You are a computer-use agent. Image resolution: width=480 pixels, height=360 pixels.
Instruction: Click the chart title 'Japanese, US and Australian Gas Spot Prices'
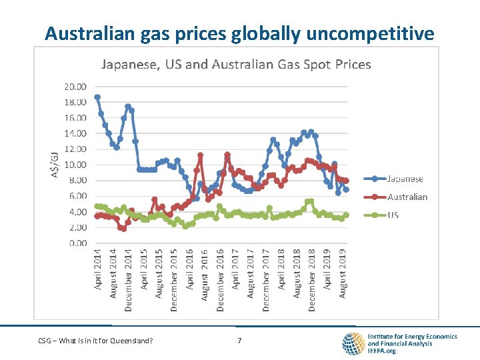[235, 65]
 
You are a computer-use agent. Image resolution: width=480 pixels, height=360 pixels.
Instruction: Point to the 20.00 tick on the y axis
[75, 87]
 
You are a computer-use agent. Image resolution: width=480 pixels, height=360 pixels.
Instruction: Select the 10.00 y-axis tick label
[75, 165]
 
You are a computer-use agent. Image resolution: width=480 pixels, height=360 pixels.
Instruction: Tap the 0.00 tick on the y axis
[77, 243]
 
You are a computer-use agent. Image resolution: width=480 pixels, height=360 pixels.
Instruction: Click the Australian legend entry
[407, 197]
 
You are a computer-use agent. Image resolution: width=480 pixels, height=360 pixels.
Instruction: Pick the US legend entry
[393, 215]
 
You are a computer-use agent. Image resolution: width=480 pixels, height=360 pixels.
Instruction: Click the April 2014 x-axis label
[97, 269]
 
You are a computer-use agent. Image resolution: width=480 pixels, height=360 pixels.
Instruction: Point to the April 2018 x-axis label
[281, 269]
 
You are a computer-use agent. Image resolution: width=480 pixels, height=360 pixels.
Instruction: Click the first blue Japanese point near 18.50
[97, 97]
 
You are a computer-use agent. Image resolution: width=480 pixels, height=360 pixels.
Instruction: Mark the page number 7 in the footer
[239, 341]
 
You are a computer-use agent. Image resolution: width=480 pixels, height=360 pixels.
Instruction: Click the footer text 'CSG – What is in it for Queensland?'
[95, 341]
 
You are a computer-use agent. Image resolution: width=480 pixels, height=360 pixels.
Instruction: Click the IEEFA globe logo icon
[353, 343]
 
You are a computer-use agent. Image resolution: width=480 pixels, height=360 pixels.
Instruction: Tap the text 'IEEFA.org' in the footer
[382, 351]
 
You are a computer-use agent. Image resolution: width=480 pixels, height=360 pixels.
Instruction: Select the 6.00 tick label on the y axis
[76, 196]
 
